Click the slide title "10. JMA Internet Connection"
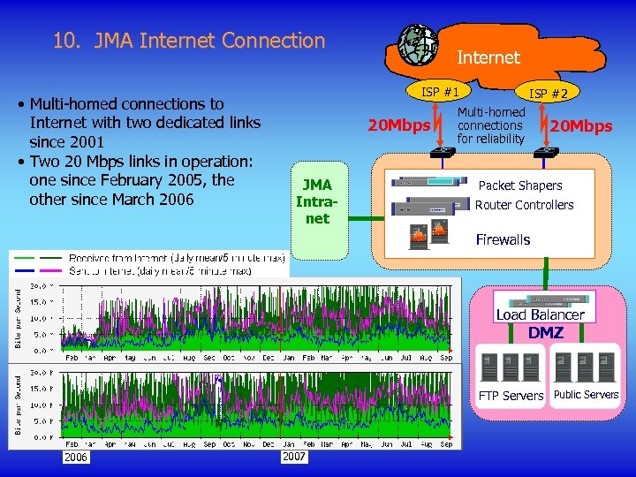189,41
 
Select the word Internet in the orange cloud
488,57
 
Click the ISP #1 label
439,91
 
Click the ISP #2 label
549,93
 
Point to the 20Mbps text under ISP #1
397,125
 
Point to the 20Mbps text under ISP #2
580,126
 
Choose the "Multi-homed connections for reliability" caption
491,125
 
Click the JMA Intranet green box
317,201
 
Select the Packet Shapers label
520,185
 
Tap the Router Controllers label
525,205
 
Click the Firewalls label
503,239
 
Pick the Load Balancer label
541,314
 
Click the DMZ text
545,332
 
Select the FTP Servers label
511,396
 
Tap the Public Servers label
587,395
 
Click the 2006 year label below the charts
75,457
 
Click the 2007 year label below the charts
293,457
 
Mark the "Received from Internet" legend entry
168,258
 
